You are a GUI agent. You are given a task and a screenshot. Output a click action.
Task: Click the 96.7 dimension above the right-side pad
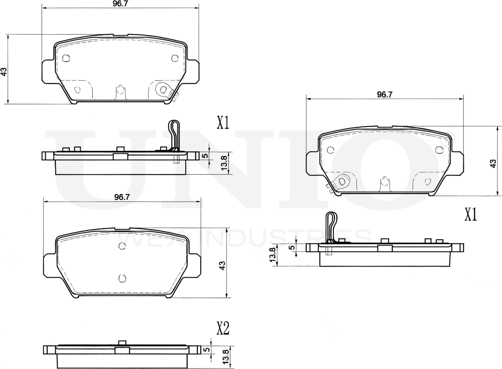[384, 95]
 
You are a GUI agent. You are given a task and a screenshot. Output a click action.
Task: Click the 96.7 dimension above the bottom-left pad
[121, 197]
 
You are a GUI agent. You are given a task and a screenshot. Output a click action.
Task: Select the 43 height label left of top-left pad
[4, 72]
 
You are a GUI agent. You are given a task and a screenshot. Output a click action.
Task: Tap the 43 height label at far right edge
[493, 164]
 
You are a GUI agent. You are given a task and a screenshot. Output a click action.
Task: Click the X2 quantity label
[223, 329]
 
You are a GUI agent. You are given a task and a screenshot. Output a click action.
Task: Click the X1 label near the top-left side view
[223, 122]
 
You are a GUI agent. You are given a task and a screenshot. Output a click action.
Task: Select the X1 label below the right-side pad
[470, 215]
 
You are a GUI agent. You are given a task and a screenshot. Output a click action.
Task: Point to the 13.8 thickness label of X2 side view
[226, 356]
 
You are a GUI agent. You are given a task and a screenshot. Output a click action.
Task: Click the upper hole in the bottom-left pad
[122, 246]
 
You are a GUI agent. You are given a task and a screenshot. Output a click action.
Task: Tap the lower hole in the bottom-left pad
[123, 278]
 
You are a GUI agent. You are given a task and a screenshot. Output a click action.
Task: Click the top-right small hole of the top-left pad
[174, 58]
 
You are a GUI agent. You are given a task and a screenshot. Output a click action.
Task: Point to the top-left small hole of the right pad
[330, 150]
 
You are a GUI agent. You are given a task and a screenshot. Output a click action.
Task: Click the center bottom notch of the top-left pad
[120, 92]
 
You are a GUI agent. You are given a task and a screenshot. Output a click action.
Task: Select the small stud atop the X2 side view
[122, 343]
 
